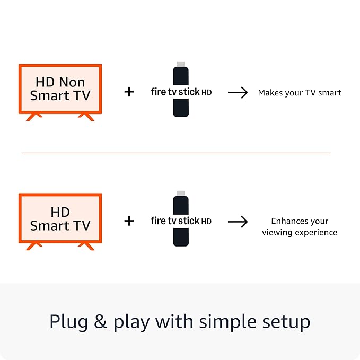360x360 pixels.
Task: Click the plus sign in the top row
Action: pyautogui.click(x=129, y=92)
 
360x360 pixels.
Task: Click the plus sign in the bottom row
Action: pyautogui.click(x=129, y=221)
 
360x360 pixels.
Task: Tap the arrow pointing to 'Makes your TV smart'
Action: pyautogui.click(x=238, y=93)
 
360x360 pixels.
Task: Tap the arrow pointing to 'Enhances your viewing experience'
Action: pyautogui.click(x=238, y=222)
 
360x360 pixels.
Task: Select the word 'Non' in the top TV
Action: pyautogui.click(x=72, y=82)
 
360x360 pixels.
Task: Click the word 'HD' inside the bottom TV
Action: pyautogui.click(x=60, y=212)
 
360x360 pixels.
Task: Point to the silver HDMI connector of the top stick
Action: pyautogui.click(x=181, y=65)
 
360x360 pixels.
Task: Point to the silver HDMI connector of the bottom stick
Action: pyautogui.click(x=181, y=193)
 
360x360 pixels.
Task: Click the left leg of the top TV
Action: pyautogui.click(x=34, y=116)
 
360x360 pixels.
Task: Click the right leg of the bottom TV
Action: pyautogui.click(x=85, y=245)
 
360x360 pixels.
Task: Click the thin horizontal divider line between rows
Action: pyautogui.click(x=175, y=153)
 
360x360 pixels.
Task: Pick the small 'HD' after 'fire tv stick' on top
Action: pyautogui.click(x=206, y=93)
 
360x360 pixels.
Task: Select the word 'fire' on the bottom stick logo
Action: pyautogui.click(x=158, y=221)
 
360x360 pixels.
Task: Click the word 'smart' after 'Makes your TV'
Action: pyautogui.click(x=330, y=93)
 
